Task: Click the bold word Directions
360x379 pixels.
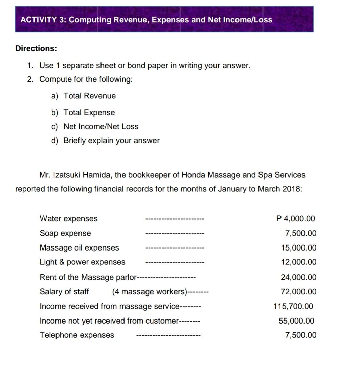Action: (x=36, y=48)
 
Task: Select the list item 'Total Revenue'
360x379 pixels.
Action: (x=89, y=96)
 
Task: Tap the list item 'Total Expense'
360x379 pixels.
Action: (x=89, y=113)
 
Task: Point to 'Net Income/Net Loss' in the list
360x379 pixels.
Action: (x=101, y=127)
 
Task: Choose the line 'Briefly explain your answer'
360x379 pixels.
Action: (x=111, y=141)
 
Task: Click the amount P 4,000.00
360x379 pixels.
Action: (x=295, y=219)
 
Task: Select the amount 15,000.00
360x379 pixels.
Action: (x=299, y=248)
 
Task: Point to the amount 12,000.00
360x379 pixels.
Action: (x=299, y=262)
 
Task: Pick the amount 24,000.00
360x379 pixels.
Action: (x=299, y=277)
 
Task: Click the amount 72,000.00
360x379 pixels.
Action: (x=299, y=292)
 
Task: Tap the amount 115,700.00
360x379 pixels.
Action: (x=293, y=307)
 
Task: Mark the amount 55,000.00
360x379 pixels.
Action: (x=296, y=321)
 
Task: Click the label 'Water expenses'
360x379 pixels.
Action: (x=69, y=219)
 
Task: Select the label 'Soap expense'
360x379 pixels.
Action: (x=65, y=233)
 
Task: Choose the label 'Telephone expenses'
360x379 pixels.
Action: (x=77, y=335)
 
